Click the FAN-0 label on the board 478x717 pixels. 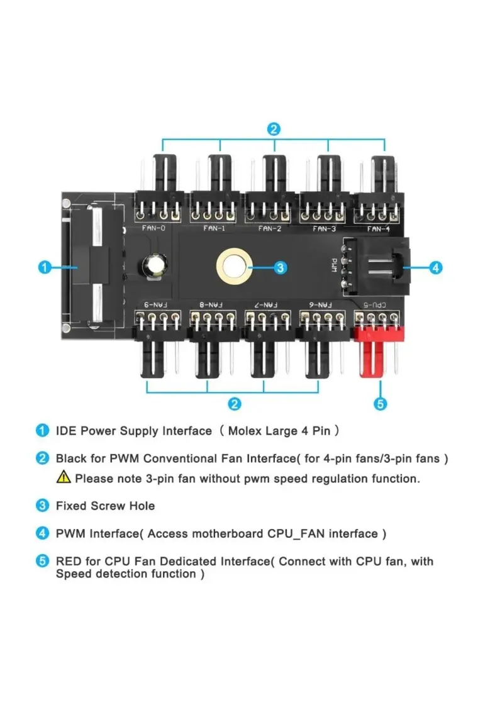tap(154, 228)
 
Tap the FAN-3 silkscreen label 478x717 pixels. tap(324, 228)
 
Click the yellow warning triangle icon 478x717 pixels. tap(64, 478)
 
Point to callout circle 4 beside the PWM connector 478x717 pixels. tap(436, 267)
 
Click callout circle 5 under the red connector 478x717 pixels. tap(379, 404)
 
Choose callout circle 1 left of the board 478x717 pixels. tap(43, 267)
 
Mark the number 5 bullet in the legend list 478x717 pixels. tap(42, 561)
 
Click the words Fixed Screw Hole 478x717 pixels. tap(105, 506)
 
